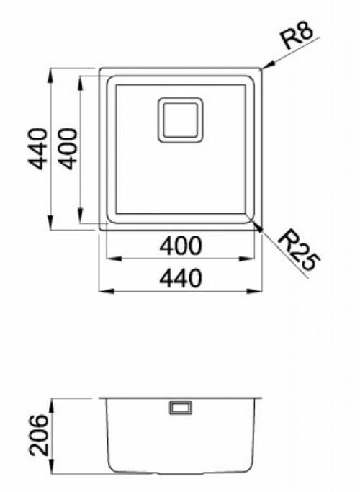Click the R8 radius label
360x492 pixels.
coord(298,36)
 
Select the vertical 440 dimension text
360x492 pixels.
coord(37,148)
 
